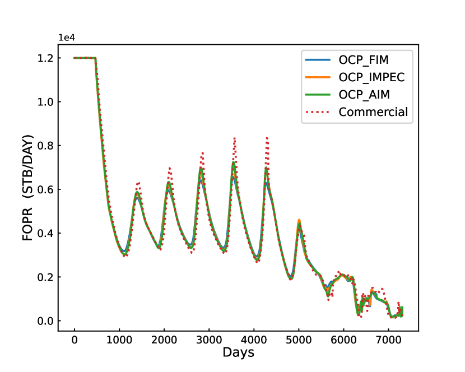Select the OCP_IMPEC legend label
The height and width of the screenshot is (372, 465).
tap(371, 77)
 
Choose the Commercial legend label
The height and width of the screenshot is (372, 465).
tap(373, 112)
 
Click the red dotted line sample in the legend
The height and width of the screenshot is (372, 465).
tap(318, 112)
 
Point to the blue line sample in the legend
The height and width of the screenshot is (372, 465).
tap(318, 60)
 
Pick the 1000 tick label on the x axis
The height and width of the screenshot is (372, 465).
tap(119, 340)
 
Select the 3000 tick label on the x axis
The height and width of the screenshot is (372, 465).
tap(208, 340)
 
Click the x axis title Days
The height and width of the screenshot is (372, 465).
tap(238, 353)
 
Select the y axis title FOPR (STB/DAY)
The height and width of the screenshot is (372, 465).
tap(28, 188)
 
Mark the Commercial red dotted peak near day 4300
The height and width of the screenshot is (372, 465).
tap(267, 137)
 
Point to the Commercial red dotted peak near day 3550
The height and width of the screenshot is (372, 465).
tap(234, 138)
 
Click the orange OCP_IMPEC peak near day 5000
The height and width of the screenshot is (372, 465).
tap(299, 220)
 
